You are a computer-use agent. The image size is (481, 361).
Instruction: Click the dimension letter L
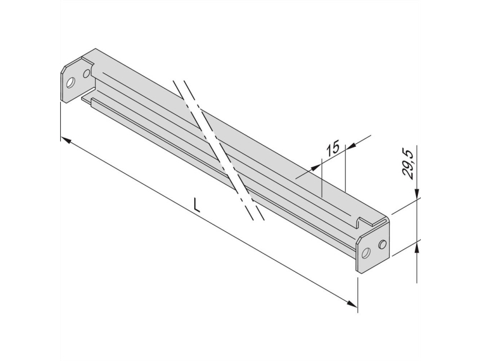click(x=197, y=205)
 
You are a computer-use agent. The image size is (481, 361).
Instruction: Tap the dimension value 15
click(x=333, y=147)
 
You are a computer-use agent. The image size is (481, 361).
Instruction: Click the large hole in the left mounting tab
click(x=70, y=83)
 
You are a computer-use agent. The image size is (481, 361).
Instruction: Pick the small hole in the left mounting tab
click(x=87, y=73)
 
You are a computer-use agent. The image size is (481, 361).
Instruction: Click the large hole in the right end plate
click(x=366, y=253)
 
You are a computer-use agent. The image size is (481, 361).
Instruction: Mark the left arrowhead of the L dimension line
click(x=66, y=140)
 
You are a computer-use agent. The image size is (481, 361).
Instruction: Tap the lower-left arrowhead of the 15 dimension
click(x=315, y=168)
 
